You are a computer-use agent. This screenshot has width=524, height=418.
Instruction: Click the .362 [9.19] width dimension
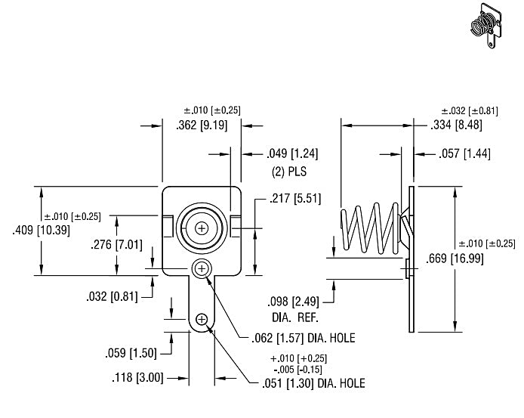click(x=202, y=125)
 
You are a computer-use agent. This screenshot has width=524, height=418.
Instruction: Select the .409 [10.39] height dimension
click(x=41, y=231)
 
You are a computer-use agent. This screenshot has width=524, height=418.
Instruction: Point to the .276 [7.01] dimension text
click(x=116, y=245)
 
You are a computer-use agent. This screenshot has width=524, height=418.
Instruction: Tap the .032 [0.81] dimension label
click(x=112, y=296)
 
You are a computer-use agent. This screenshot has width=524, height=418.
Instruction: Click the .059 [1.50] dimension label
click(x=131, y=353)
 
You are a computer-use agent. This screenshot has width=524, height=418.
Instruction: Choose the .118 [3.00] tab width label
click(x=137, y=378)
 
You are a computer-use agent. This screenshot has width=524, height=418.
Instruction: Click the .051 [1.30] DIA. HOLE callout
click(x=313, y=383)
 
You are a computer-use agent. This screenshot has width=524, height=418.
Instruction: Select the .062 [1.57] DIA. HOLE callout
click(x=303, y=339)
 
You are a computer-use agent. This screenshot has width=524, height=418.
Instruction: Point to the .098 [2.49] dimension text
click(x=293, y=302)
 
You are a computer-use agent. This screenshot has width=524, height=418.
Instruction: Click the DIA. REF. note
click(x=295, y=317)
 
